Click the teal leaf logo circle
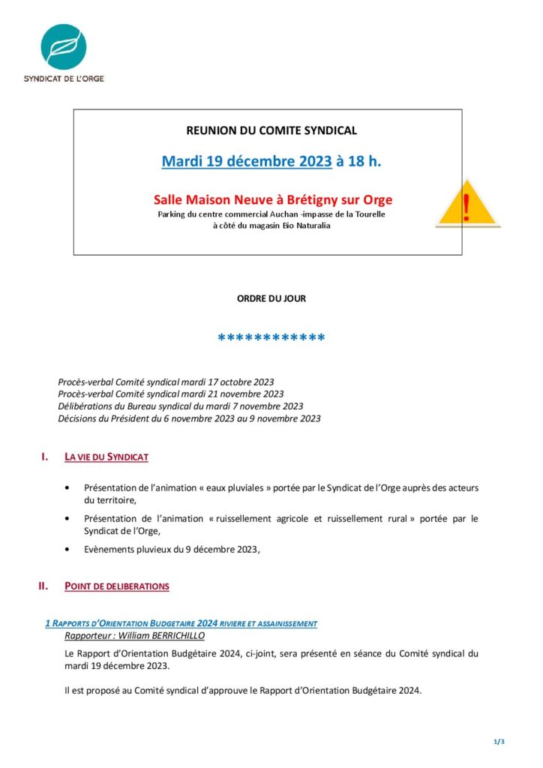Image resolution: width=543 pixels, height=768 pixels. tap(63, 47)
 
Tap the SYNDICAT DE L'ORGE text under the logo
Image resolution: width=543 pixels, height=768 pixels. tap(63, 78)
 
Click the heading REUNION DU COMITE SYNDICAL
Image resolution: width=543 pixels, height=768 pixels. tap(271, 130)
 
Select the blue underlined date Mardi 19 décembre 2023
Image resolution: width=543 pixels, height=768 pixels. tap(247, 161)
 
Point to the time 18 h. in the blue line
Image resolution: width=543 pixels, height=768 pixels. tap(358, 161)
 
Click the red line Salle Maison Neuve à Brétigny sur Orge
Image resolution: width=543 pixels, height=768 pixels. tap(273, 200)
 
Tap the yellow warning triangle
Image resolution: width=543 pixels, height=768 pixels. tap(468, 203)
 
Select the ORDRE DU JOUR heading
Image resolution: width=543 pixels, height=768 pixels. tap(271, 298)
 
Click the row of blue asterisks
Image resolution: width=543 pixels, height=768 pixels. tap(271, 339)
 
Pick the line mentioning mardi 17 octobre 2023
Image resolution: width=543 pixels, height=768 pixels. tap(171, 382)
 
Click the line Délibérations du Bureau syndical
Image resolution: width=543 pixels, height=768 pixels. tap(181, 406)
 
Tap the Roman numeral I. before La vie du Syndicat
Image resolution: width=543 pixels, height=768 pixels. tap(45, 456)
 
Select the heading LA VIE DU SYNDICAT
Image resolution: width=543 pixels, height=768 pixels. tap(106, 457)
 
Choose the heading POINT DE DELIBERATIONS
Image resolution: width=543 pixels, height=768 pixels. tap(117, 586)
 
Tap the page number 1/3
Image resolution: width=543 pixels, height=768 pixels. tap(499, 742)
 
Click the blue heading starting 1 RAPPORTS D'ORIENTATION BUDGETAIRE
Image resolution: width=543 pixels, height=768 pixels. tap(181, 623)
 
